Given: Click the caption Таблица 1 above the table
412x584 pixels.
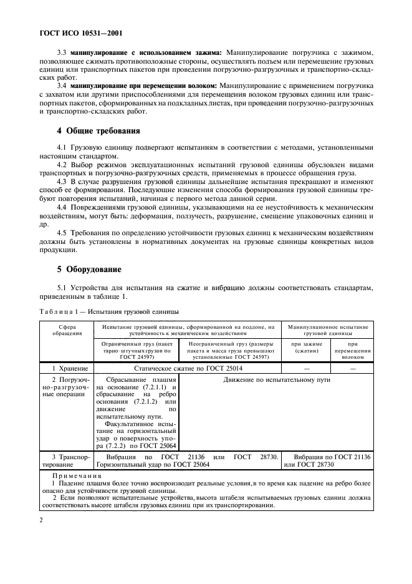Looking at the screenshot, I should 108,310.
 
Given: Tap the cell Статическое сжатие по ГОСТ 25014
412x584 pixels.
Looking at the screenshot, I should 187,370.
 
